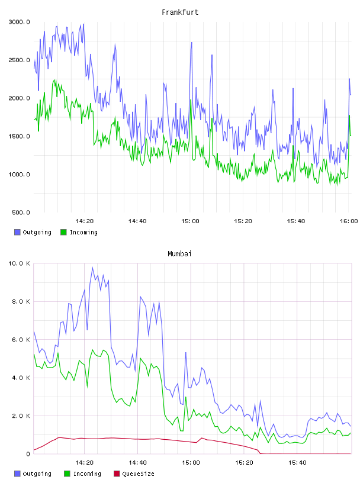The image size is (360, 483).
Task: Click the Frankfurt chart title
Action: (x=180, y=12)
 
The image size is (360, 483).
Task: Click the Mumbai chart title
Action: (x=179, y=254)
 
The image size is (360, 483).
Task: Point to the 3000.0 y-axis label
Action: (x=19, y=22)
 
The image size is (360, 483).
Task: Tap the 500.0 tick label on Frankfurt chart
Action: (x=21, y=212)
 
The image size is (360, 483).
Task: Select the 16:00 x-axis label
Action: (x=349, y=221)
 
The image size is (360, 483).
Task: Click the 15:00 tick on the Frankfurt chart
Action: (x=190, y=221)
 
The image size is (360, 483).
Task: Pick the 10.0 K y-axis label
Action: (x=19, y=263)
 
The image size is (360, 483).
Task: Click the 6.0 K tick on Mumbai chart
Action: (x=21, y=340)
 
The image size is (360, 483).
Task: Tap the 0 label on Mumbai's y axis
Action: (x=28, y=454)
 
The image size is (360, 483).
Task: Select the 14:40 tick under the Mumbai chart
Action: (x=137, y=463)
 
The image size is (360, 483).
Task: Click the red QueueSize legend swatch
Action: (x=117, y=474)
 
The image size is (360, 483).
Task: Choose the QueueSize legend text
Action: (x=139, y=474)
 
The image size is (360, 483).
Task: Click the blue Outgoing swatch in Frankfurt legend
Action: (x=17, y=232)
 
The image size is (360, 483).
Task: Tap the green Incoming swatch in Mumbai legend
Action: (x=67, y=474)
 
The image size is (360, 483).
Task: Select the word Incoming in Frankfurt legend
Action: (x=83, y=233)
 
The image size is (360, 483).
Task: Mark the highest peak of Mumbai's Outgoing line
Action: (x=92, y=268)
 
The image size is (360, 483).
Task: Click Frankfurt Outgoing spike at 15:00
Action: (x=191, y=43)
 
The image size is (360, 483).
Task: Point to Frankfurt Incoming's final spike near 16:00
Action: (x=349, y=115)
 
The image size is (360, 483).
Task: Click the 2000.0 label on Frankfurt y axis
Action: (x=19, y=98)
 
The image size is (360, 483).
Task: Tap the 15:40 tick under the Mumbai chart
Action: (x=297, y=463)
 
